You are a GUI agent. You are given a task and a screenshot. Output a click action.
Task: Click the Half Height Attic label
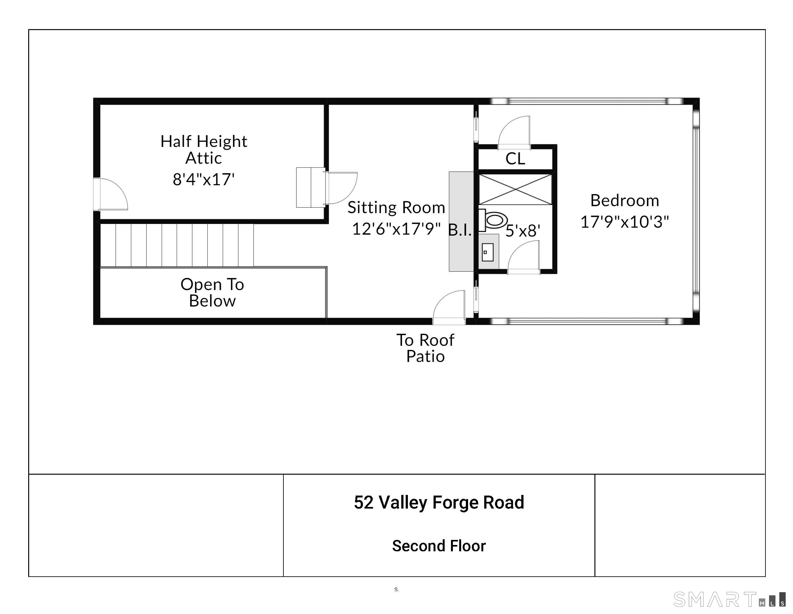(204, 149)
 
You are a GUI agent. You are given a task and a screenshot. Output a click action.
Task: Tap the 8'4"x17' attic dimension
(204, 179)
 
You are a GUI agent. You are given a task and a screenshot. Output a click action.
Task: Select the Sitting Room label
(396, 207)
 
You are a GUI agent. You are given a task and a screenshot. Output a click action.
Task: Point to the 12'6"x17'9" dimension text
(396, 229)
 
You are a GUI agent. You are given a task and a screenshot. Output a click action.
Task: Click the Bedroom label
(625, 200)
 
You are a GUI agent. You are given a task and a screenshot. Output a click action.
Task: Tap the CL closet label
(515, 159)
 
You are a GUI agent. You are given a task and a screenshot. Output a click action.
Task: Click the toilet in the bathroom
(493, 220)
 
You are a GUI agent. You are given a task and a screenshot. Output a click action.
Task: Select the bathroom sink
(487, 252)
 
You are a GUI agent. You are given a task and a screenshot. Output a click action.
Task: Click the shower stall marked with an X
(515, 189)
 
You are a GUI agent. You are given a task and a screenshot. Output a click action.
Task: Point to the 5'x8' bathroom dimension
(523, 231)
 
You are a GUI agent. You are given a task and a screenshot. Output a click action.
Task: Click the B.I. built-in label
(460, 230)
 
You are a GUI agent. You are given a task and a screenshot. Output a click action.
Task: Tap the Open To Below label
(213, 293)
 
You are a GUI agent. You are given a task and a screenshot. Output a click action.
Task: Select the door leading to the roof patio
(449, 307)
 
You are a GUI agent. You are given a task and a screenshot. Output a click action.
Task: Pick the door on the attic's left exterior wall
(111, 194)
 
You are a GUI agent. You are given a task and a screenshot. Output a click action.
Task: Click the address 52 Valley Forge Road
(439, 503)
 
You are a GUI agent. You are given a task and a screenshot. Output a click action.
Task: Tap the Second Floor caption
(439, 546)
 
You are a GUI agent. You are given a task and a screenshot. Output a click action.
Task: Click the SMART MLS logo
(729, 599)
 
